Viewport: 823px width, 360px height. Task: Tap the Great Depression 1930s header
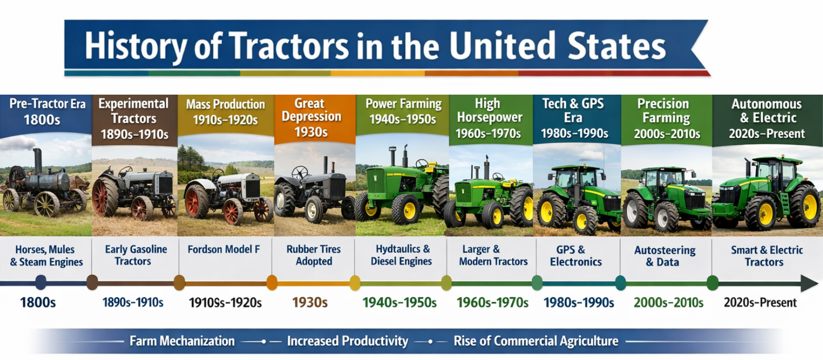click(x=311, y=118)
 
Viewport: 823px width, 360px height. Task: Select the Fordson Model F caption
click(x=223, y=249)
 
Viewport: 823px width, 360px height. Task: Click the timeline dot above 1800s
click(x=41, y=282)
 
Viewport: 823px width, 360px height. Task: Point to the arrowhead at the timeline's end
click(x=809, y=283)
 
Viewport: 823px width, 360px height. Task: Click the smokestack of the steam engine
click(x=38, y=160)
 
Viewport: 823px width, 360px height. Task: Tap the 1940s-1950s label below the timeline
click(x=399, y=303)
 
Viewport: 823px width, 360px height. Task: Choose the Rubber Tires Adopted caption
click(x=314, y=255)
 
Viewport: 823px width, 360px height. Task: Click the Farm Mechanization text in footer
click(x=182, y=341)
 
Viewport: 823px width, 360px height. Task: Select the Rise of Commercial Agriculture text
click(x=535, y=341)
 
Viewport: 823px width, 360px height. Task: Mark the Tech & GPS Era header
click(x=574, y=118)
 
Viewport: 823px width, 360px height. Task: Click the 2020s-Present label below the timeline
click(x=760, y=303)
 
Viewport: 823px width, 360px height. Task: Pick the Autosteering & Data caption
click(x=664, y=256)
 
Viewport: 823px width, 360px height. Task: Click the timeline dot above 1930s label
click(x=272, y=282)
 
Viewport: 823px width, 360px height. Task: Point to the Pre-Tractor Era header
click(x=46, y=112)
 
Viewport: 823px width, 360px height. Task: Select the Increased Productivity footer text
click(x=347, y=341)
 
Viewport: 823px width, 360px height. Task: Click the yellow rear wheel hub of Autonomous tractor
click(x=809, y=206)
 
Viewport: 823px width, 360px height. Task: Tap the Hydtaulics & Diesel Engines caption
click(x=402, y=255)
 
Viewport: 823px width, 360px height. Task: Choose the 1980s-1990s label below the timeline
click(x=579, y=303)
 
